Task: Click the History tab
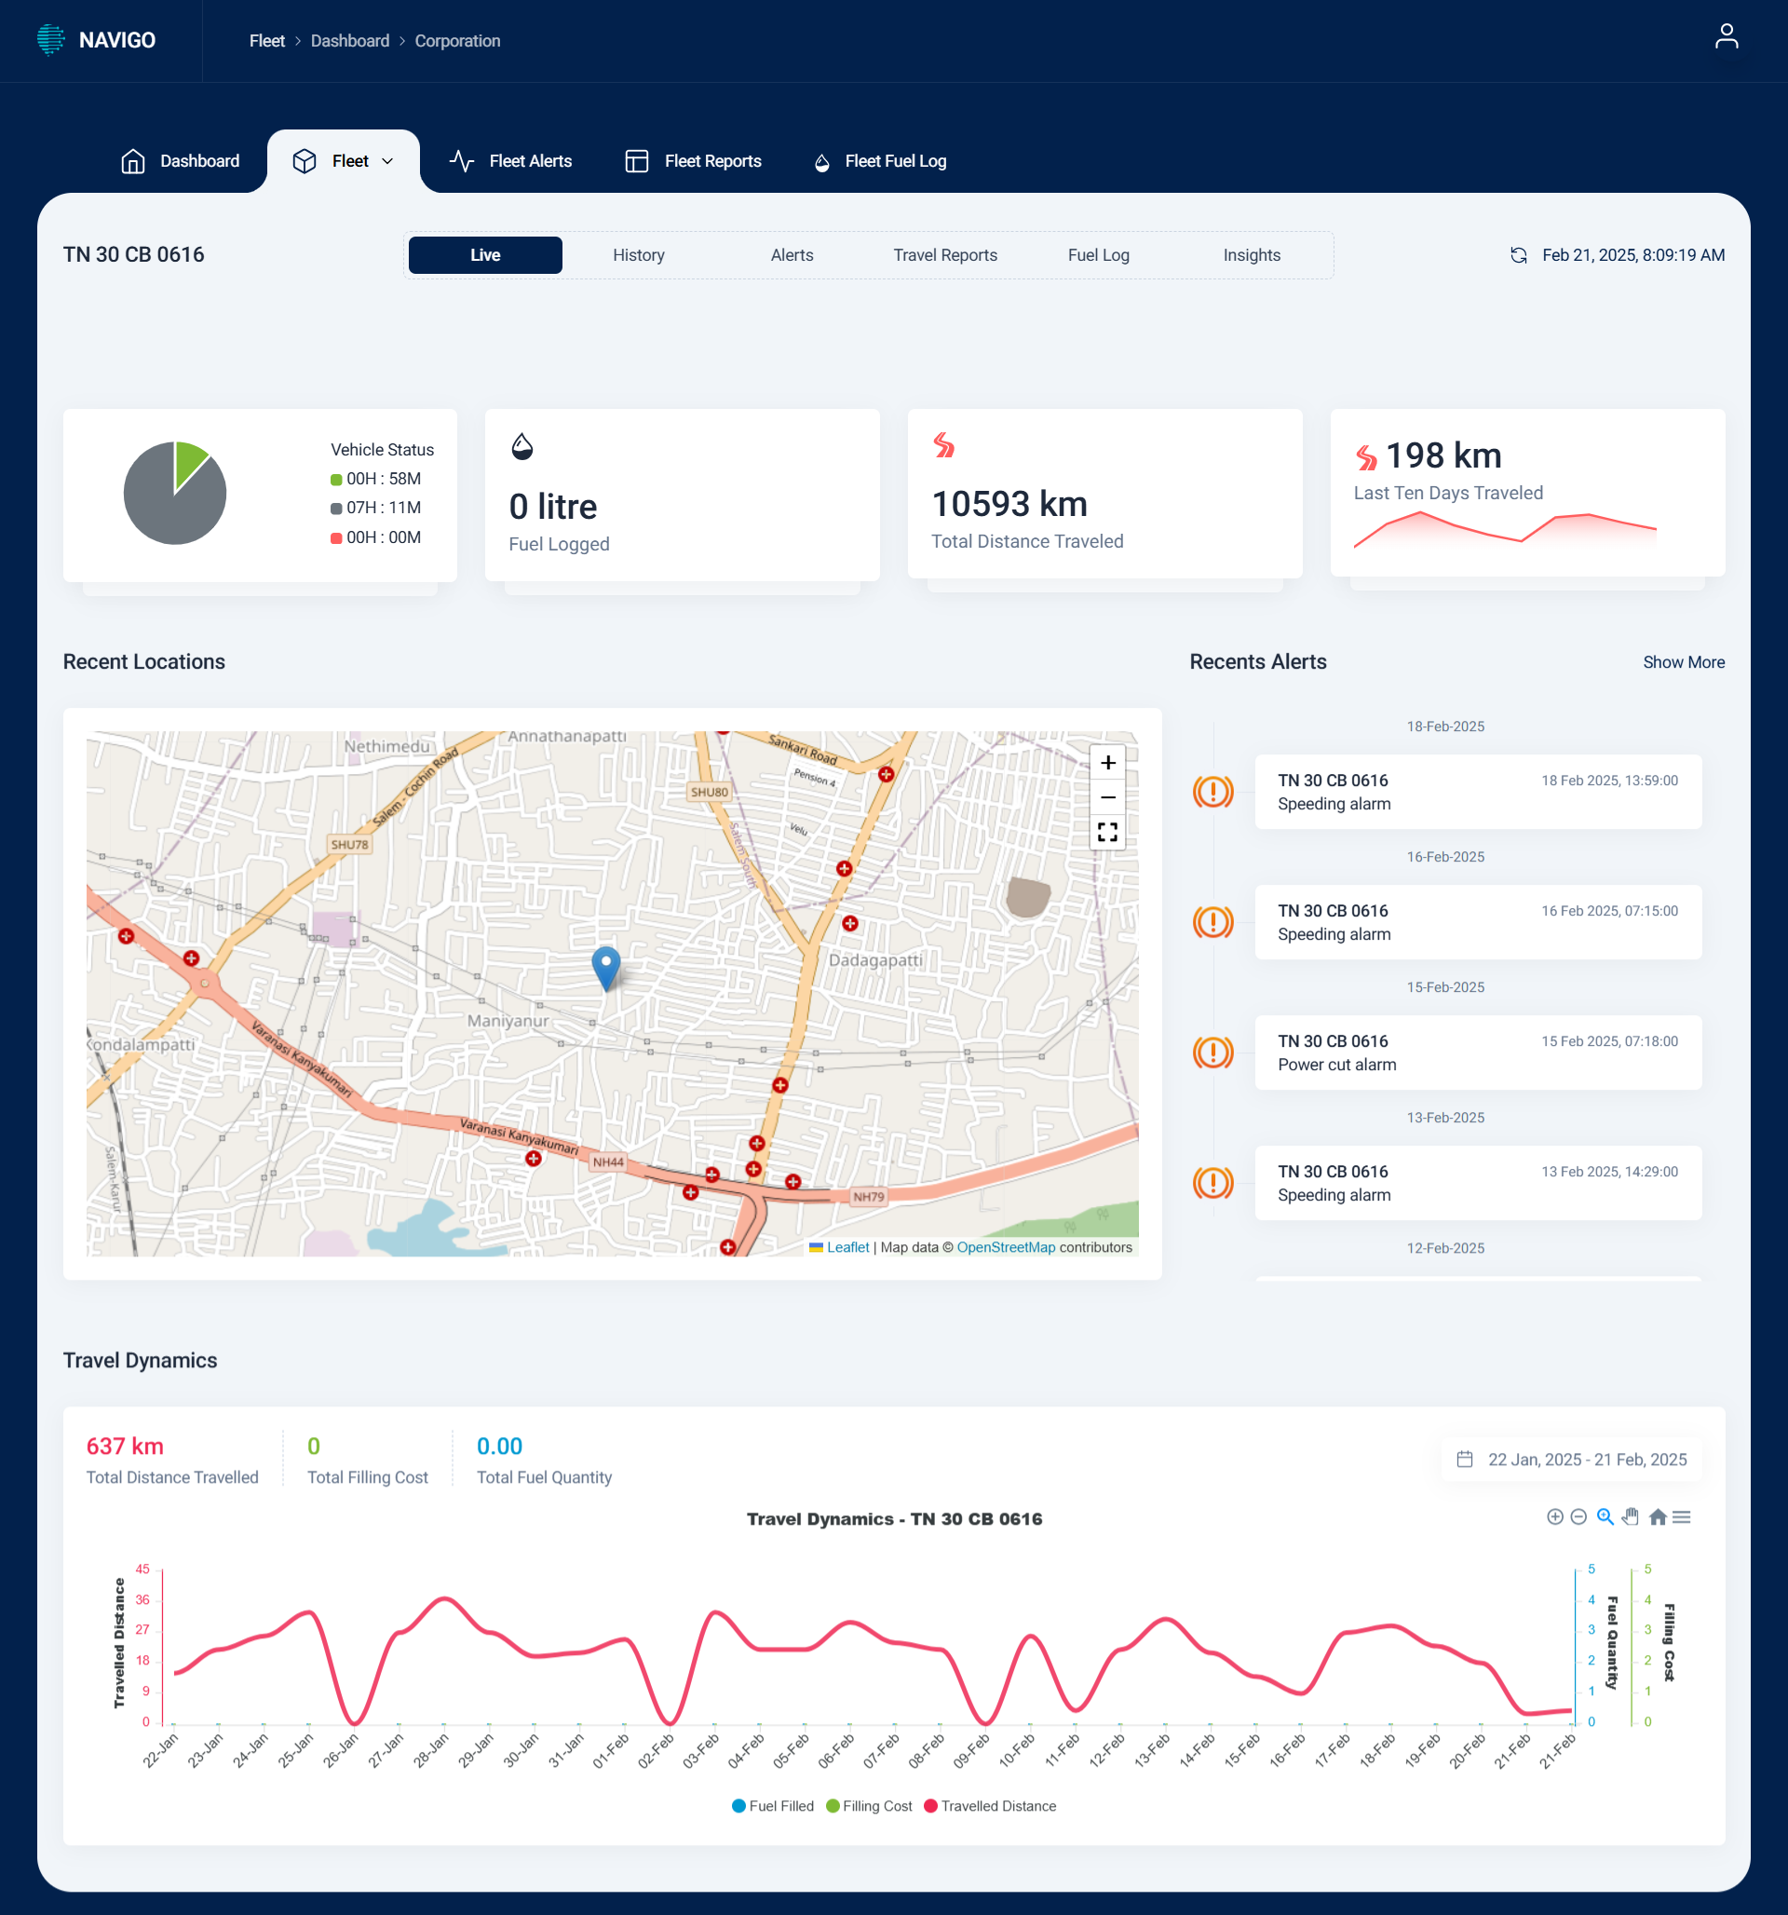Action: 638,255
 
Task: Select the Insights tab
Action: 1251,255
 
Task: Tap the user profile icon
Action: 1726,36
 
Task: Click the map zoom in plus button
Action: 1107,763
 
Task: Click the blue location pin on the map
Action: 605,965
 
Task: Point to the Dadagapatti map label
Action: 874,959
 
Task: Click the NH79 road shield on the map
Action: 868,1196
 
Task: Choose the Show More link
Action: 1683,661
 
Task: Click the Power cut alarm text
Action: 1336,1065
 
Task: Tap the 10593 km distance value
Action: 1009,504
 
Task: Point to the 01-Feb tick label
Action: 611,1750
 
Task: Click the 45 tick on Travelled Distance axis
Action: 142,1569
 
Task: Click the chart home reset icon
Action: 1657,1517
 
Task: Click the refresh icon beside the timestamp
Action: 1518,255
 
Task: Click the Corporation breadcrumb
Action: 456,40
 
